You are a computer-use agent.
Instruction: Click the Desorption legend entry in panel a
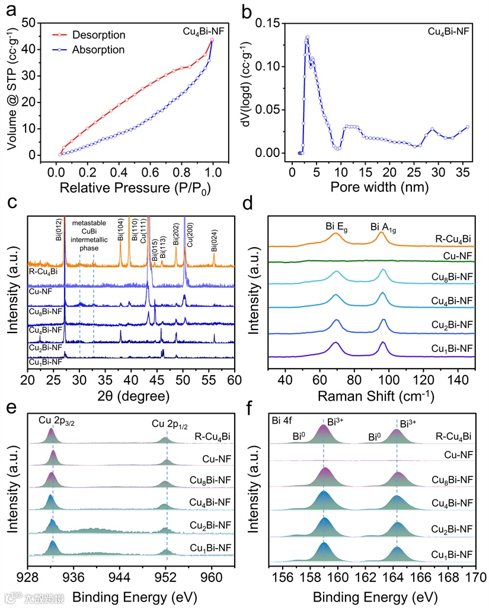pos(98,35)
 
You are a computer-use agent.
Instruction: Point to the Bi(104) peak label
pos(120,229)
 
